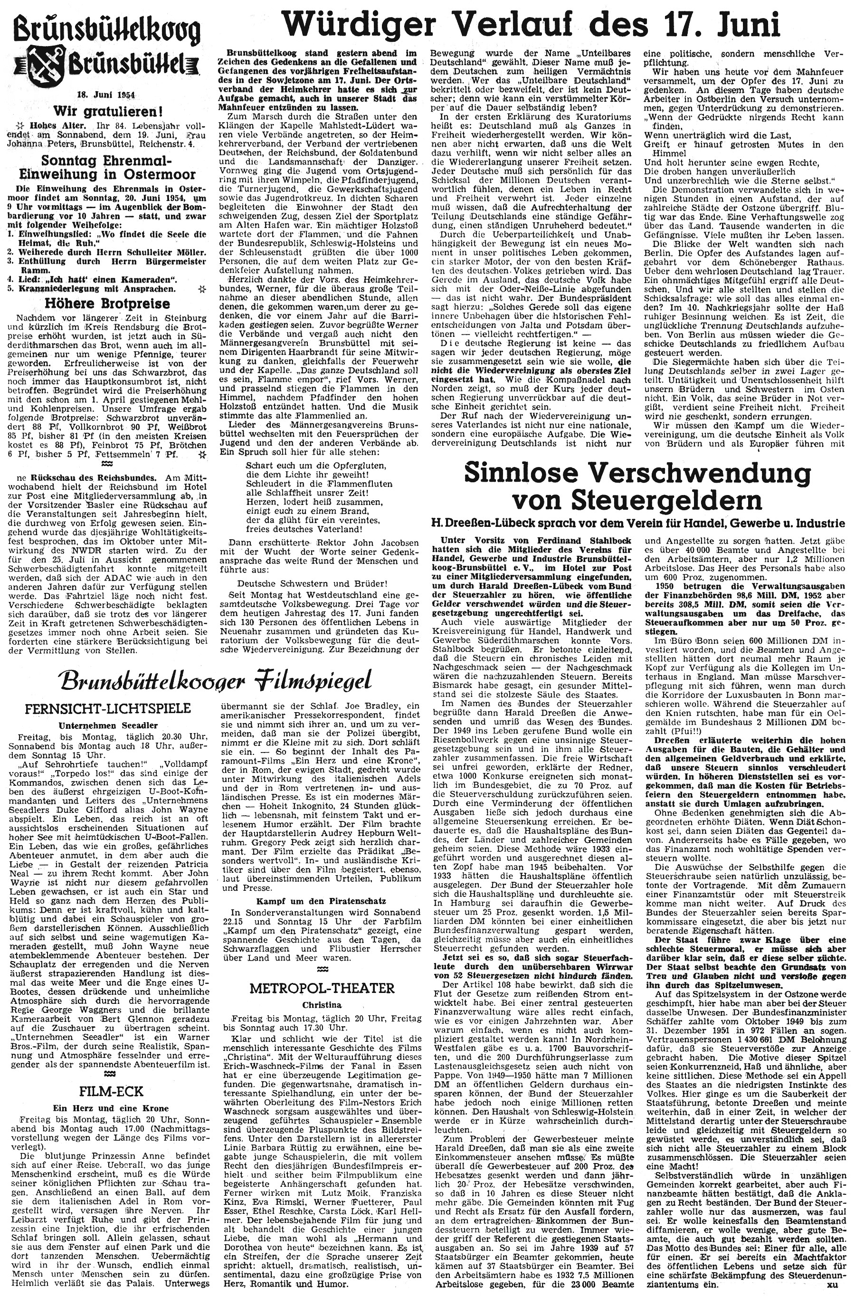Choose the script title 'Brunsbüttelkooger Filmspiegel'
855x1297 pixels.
point(217,680)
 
